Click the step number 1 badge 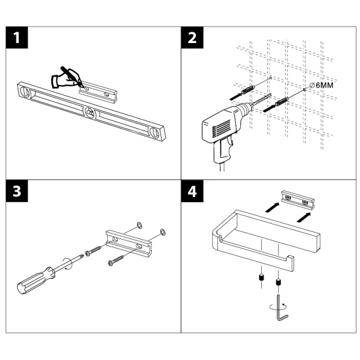click(x=16, y=37)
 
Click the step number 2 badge click(x=192, y=37)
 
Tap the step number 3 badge click(x=16, y=191)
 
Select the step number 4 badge click(x=192, y=191)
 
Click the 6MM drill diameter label click(x=321, y=85)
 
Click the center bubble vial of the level click(x=90, y=113)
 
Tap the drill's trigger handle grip click(x=222, y=149)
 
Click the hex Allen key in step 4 click(x=281, y=308)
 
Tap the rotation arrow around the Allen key click(x=278, y=307)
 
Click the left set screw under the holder click(x=262, y=278)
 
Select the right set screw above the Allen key click(x=278, y=281)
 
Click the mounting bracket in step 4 click(x=298, y=200)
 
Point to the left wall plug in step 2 click(x=248, y=90)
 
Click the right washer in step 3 click(x=162, y=232)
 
